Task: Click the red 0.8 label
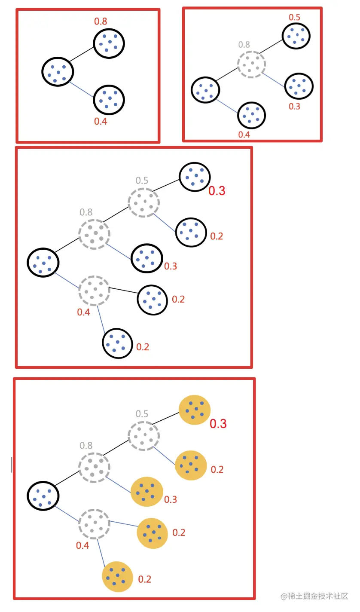tap(101, 21)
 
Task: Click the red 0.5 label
tap(294, 17)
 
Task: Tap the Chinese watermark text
tap(314, 596)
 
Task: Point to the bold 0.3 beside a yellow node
tap(218, 424)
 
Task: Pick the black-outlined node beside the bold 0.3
tap(195, 177)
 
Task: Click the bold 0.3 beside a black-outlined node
tap(217, 191)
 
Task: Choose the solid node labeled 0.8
tap(109, 43)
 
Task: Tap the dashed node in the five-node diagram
tap(252, 64)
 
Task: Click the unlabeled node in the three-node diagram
tap(58, 71)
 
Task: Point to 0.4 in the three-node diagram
tap(101, 122)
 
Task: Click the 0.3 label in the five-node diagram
tap(294, 106)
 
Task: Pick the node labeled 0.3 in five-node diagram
tap(299, 86)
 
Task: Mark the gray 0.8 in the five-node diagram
tap(244, 44)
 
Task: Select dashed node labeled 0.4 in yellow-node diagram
tap(94, 524)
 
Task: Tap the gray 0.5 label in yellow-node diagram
tap(142, 413)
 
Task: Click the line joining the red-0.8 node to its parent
tap(82, 55)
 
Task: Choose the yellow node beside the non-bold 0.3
tap(147, 492)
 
